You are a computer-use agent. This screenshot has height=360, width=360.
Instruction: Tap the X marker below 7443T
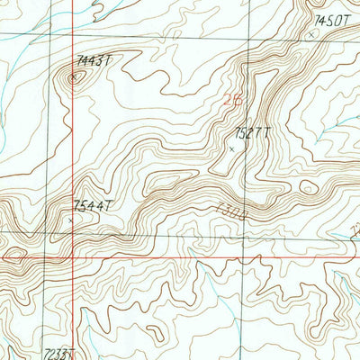pos(75,76)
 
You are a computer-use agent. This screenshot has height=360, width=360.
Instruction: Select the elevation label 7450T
pos(331,19)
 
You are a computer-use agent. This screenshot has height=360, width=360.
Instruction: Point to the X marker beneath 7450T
pos(312,34)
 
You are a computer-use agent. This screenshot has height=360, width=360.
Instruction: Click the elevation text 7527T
pos(252,133)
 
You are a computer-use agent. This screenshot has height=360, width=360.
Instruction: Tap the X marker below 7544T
pos(70,219)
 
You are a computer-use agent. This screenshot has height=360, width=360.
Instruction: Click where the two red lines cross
pos(73,256)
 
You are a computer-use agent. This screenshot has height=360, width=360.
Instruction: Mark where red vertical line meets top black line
pos(73,37)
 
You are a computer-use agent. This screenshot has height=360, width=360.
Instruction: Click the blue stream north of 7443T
pos(90,9)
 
